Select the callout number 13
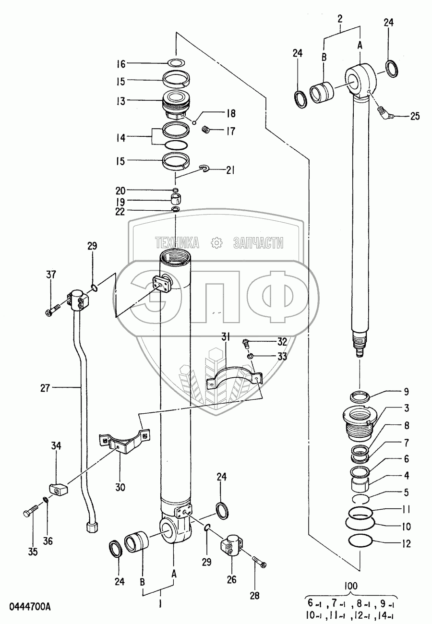[120, 101]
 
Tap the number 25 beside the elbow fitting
[414, 116]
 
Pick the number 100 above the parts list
[351, 586]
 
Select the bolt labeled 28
[259, 562]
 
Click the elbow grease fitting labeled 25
[385, 114]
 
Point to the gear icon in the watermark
[217, 243]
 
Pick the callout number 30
[120, 488]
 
